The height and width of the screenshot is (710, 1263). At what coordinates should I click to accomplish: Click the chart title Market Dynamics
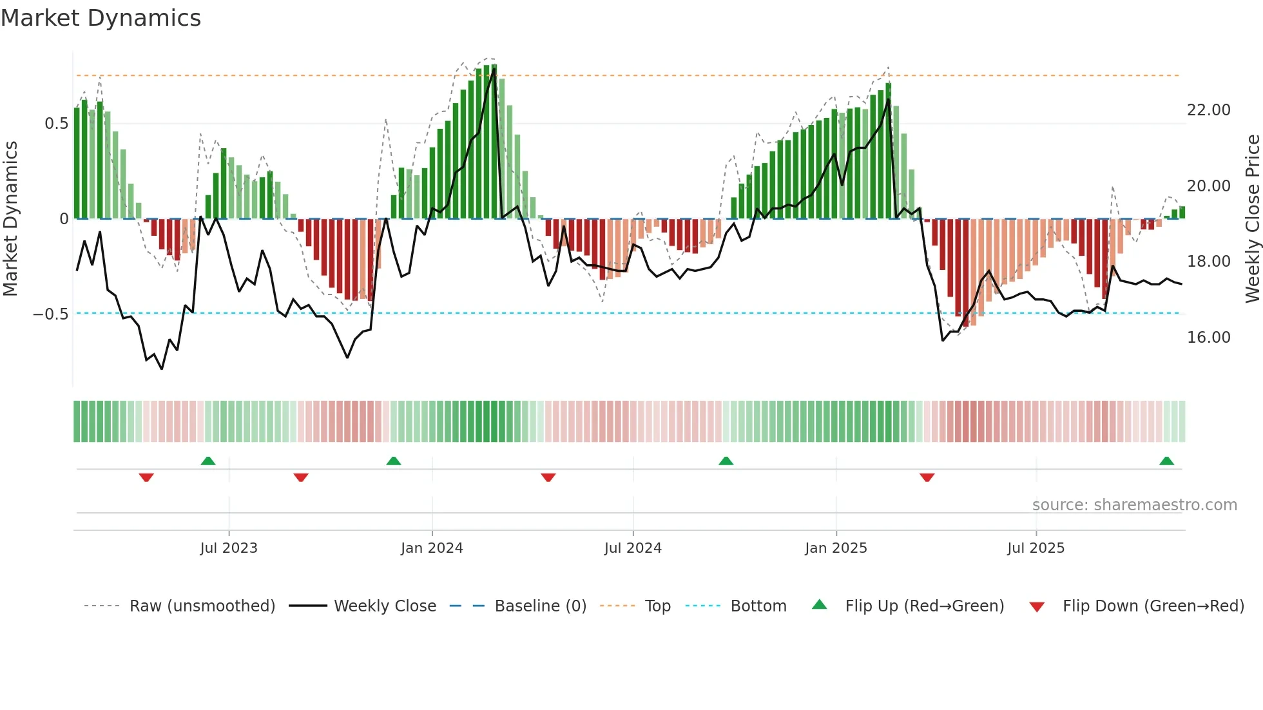101,18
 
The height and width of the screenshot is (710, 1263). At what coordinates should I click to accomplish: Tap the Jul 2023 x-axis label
229,548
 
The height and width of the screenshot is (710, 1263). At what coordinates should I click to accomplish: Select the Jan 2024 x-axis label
432,548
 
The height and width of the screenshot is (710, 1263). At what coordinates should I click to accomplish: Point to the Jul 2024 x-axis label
633,548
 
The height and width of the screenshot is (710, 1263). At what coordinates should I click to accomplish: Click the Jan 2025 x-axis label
836,548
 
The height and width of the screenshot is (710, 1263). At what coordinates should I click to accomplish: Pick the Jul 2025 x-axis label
1036,548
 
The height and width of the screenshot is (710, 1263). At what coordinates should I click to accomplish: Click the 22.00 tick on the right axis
1208,110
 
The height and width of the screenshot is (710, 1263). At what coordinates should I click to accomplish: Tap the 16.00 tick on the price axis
1208,338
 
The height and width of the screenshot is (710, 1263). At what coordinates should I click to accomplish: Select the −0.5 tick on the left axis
51,314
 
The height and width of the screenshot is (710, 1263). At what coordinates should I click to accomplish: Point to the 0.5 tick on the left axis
56,124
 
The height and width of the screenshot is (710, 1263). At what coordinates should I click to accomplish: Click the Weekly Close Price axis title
1252,219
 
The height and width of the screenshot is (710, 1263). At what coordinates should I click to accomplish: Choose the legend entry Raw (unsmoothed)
202,606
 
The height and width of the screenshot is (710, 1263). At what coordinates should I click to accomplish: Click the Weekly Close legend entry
385,606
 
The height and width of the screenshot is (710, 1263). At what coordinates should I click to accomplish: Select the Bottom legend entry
758,606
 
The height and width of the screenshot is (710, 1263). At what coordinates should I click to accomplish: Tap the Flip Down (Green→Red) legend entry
1153,606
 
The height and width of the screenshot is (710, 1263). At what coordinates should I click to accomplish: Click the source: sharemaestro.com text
1134,505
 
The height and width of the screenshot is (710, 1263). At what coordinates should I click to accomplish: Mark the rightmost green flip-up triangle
1166,461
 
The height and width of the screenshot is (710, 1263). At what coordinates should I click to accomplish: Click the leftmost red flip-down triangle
146,477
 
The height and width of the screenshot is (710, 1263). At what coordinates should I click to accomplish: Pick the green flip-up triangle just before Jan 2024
394,461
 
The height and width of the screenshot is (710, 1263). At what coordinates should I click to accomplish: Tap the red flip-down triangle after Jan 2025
927,477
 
